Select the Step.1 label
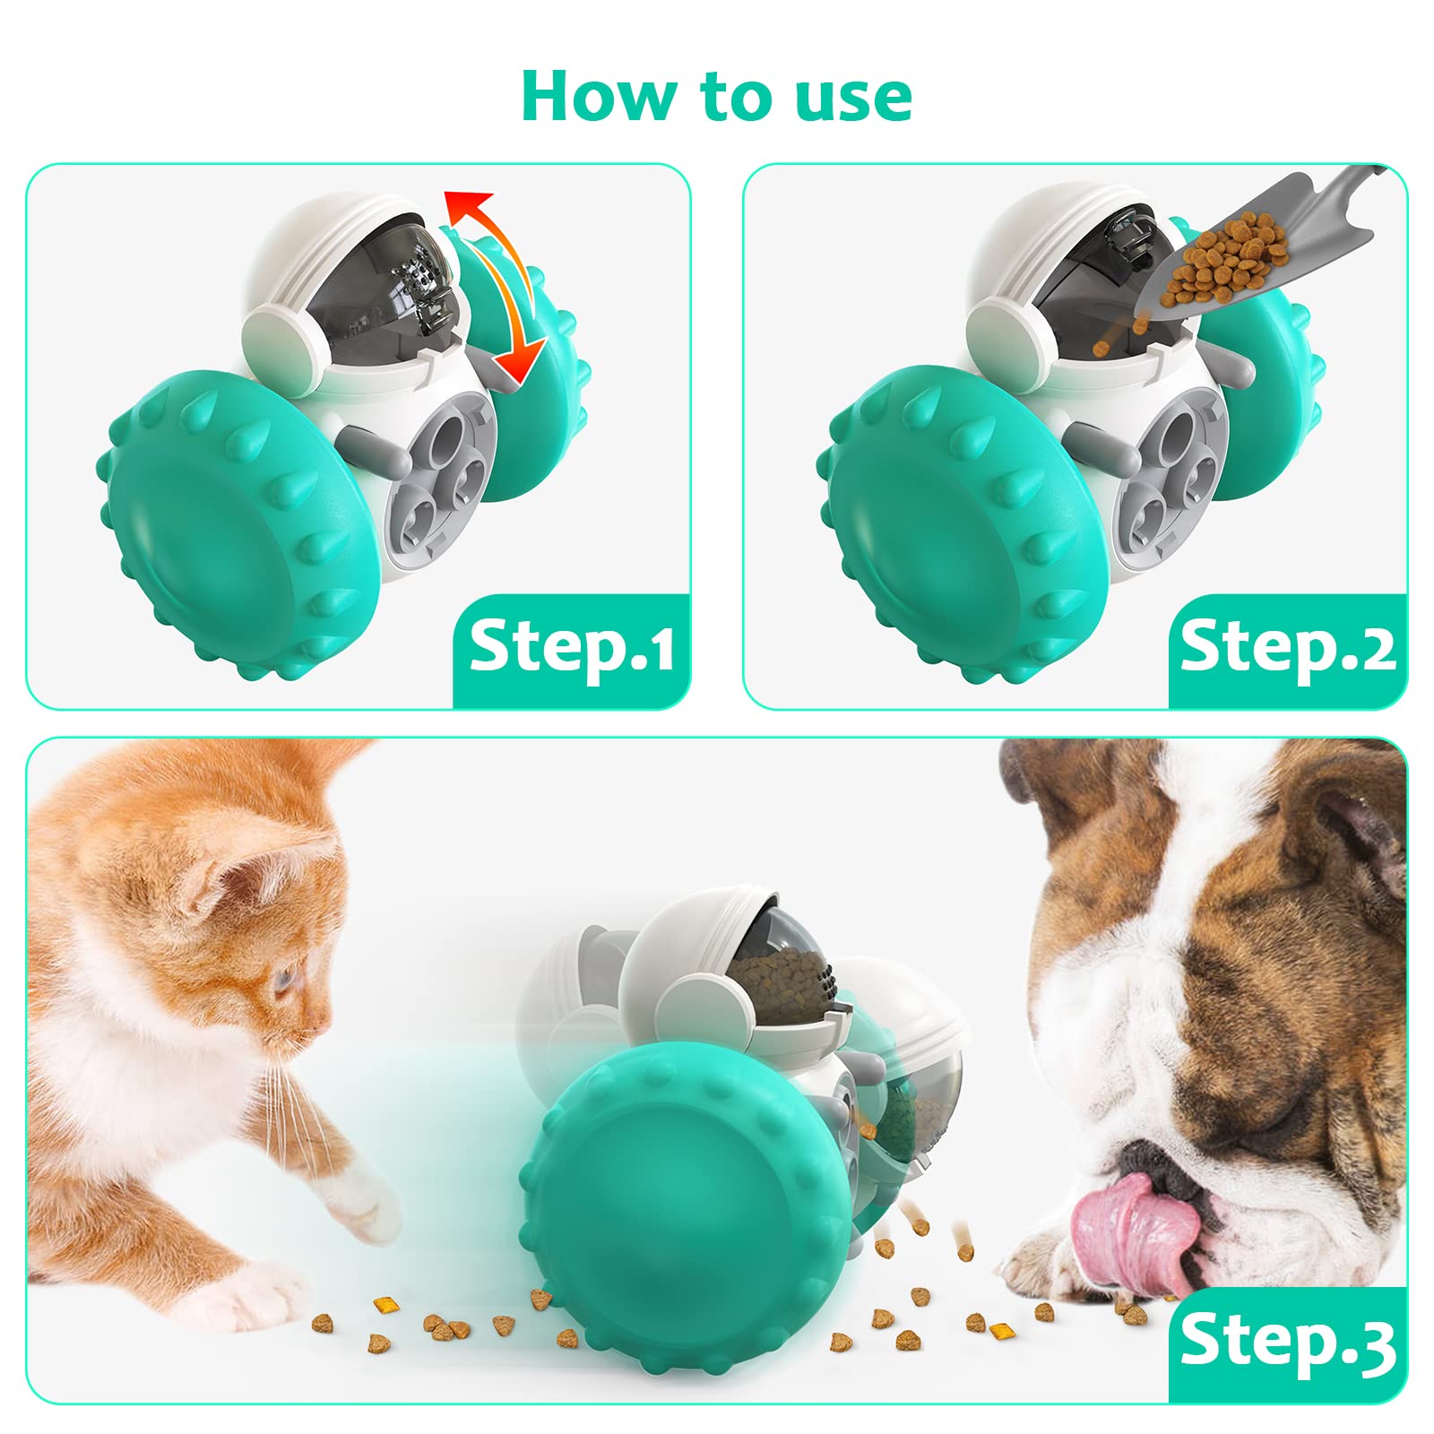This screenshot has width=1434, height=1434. (572, 647)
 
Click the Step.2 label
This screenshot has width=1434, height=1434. (1288, 647)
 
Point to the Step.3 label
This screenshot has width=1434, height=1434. (1288, 1342)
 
